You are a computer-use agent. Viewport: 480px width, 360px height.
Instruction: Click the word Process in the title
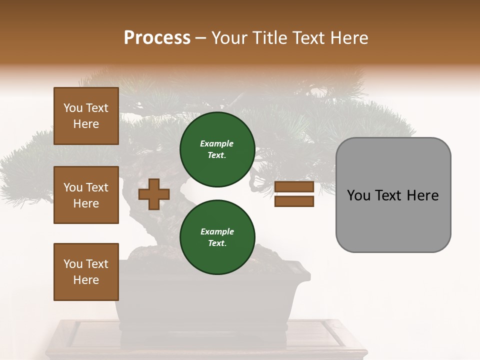(157, 38)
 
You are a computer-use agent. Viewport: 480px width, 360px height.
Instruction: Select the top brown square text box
(86, 116)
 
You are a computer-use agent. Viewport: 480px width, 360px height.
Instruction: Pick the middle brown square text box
(86, 195)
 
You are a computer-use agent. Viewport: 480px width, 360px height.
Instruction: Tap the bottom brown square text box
(86, 272)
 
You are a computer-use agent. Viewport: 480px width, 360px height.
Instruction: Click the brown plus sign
(153, 194)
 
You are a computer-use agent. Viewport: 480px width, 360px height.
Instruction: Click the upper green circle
(217, 149)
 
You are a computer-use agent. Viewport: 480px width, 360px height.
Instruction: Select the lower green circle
(217, 237)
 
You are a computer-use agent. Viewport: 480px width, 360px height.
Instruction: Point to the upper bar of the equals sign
(294, 187)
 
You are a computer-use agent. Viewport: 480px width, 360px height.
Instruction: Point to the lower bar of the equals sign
(294, 201)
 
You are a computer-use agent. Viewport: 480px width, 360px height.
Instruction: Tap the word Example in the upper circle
(216, 144)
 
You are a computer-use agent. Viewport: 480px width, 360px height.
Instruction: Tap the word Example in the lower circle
(217, 232)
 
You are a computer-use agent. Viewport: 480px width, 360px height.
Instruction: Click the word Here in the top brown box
(86, 124)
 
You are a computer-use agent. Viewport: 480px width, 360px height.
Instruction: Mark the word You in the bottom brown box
(72, 264)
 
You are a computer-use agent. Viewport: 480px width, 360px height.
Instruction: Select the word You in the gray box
(358, 195)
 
